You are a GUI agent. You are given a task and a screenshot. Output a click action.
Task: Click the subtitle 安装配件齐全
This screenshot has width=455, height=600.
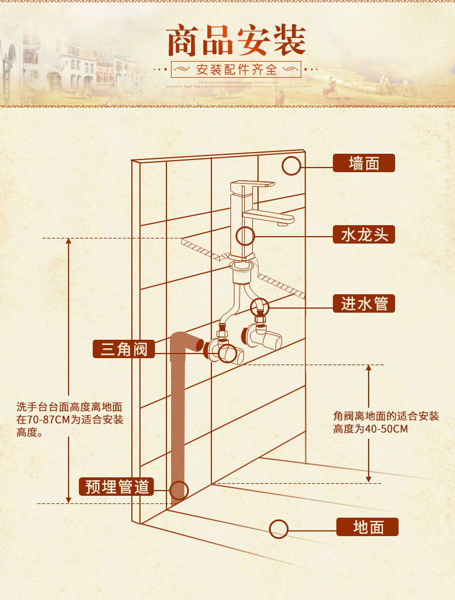click(237, 70)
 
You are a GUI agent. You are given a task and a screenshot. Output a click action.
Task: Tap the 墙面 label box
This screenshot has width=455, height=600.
click(364, 164)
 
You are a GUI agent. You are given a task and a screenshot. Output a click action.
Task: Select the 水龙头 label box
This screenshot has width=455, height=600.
click(364, 234)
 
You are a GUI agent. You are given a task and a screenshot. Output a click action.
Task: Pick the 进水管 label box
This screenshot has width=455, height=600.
click(364, 303)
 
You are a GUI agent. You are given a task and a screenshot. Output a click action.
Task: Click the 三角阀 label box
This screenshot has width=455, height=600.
click(124, 349)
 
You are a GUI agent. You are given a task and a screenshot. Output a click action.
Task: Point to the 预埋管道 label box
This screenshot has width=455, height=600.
click(117, 487)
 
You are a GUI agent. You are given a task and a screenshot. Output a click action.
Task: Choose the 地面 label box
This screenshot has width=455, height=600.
click(367, 527)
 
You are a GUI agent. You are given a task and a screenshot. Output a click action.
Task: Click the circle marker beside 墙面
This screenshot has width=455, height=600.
click(291, 166)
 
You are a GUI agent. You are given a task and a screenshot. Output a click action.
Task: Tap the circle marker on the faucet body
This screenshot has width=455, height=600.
click(246, 236)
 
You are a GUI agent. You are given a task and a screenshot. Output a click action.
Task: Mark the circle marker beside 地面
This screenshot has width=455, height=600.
click(279, 529)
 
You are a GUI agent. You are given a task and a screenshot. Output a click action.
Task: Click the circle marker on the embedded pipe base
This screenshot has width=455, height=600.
click(179, 490)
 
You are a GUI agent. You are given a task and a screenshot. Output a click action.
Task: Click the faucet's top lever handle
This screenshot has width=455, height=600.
click(252, 185)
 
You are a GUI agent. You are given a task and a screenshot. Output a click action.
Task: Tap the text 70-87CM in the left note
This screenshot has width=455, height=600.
click(43, 420)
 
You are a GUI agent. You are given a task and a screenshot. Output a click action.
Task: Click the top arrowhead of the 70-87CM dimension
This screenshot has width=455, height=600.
click(69, 241)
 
